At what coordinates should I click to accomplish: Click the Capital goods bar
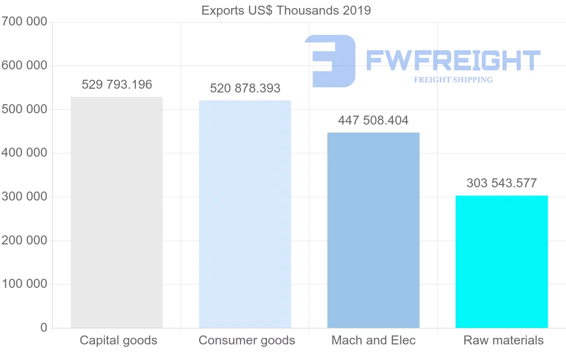coord(117,212)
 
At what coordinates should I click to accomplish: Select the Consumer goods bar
coord(245,214)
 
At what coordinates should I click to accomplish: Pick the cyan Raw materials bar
coord(501,261)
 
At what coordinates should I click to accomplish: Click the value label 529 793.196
coord(117,85)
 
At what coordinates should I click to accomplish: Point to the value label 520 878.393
coord(245,88)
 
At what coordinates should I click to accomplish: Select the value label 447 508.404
coord(373,120)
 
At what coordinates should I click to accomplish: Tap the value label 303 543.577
coord(502,183)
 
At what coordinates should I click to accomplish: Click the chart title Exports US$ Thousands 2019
coord(286,10)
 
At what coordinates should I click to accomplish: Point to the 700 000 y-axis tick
coord(24,22)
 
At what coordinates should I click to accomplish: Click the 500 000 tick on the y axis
coord(24,109)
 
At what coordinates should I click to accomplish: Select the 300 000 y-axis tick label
coord(24,197)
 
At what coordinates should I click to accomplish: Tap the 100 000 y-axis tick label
coord(24,284)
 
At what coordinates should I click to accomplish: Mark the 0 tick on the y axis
coord(44,327)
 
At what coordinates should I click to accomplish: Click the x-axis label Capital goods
coord(118,340)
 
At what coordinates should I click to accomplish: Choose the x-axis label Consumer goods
coord(247,340)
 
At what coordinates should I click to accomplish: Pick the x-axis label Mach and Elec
coord(374,340)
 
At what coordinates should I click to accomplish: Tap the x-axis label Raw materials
coord(503,340)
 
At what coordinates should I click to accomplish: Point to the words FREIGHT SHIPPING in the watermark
coord(453,80)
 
